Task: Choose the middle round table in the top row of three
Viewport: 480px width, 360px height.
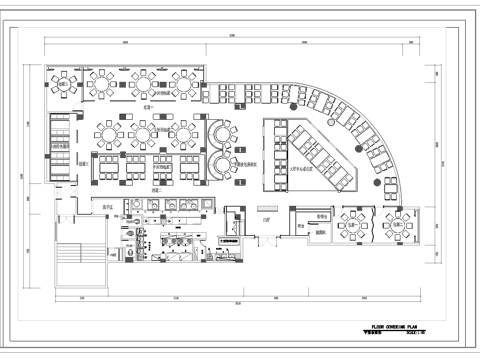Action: pyautogui.click(x=142, y=79)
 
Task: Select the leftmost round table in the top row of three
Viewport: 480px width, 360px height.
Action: pyautogui.click(x=105, y=79)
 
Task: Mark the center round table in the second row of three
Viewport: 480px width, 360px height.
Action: pyautogui.click(x=143, y=131)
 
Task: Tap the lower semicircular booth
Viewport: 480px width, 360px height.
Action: pyautogui.click(x=221, y=166)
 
